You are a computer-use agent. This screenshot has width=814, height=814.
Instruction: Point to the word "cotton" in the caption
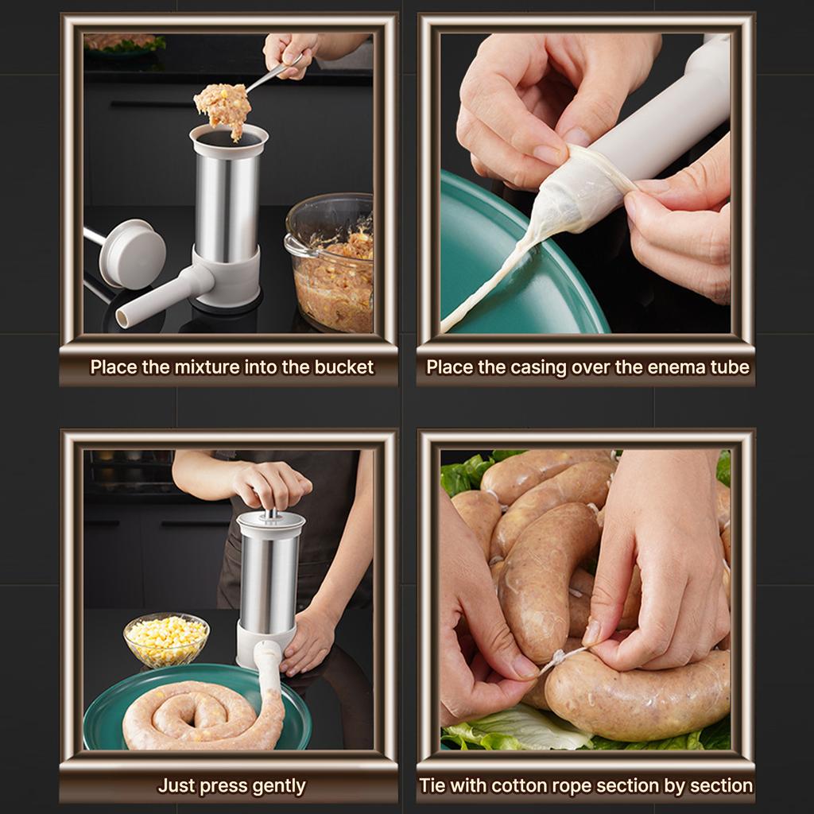(x=521, y=785)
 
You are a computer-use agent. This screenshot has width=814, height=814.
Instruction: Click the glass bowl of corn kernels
(x=166, y=640)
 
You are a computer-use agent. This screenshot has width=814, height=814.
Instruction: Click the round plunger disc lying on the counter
(x=133, y=254)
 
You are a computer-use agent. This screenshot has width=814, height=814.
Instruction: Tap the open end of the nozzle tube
(x=122, y=317)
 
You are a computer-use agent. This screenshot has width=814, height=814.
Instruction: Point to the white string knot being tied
(x=560, y=659)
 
